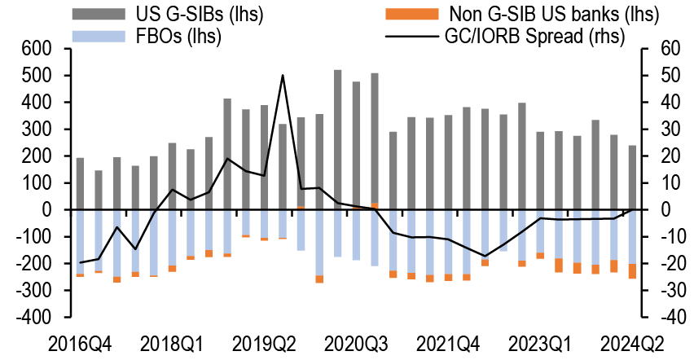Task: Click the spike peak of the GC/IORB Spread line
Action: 283,76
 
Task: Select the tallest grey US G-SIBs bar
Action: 338,138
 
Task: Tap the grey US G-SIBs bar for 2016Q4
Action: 81,183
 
